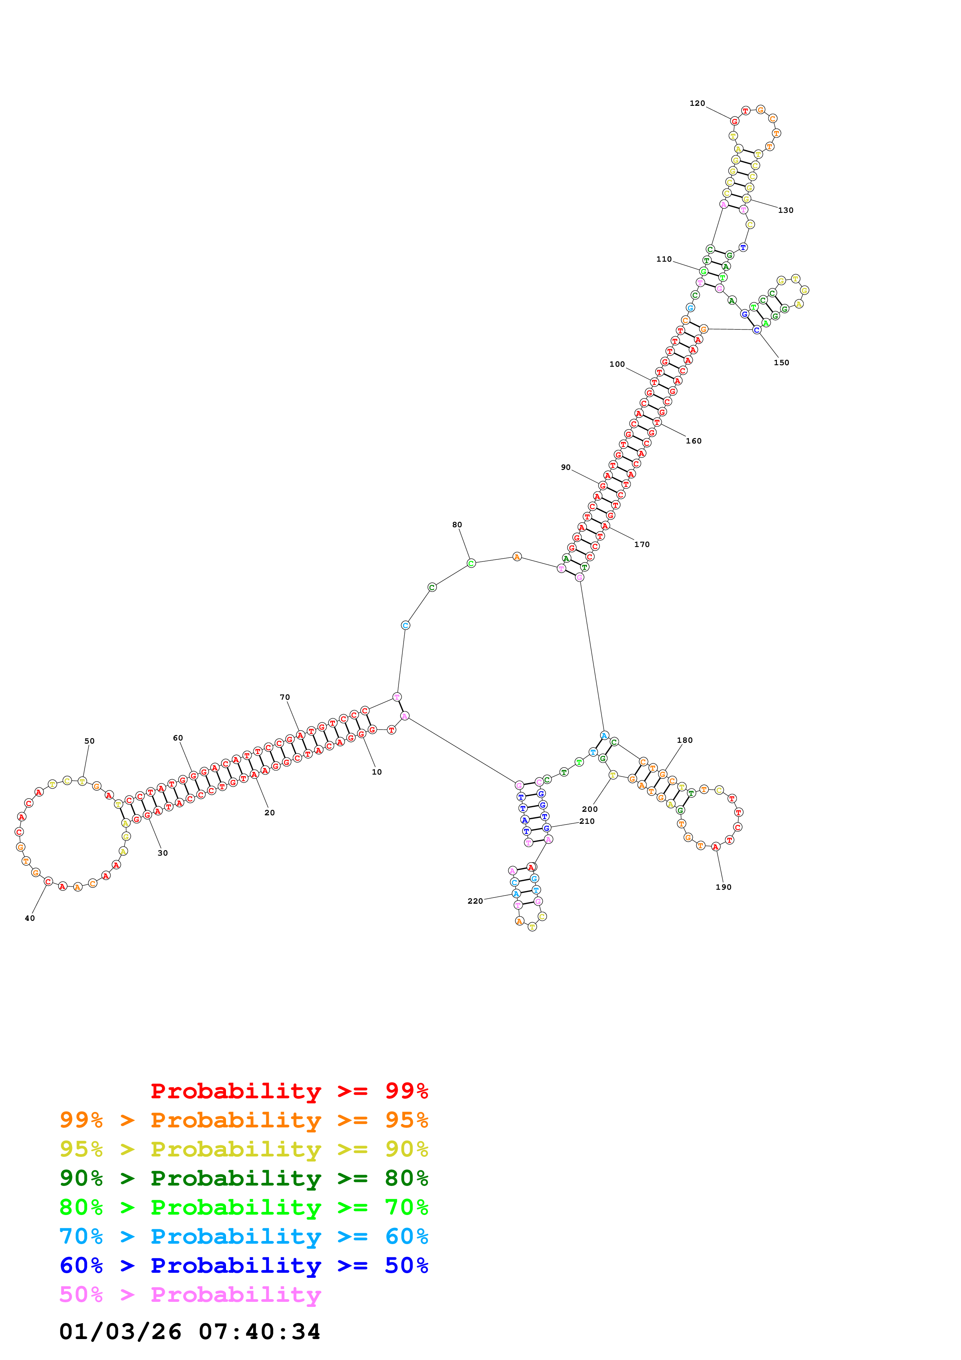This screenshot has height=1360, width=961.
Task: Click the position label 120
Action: click(697, 104)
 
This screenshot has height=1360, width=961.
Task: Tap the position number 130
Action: click(786, 210)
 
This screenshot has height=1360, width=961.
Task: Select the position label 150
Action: click(781, 362)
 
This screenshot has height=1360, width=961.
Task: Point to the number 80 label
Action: click(457, 525)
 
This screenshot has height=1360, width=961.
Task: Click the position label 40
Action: click(29, 918)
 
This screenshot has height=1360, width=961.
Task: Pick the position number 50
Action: click(90, 741)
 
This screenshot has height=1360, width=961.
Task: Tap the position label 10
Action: click(376, 772)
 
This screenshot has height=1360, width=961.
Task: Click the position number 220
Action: click(475, 901)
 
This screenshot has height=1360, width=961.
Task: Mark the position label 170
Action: click(642, 544)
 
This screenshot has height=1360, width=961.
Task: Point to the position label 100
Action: click(617, 364)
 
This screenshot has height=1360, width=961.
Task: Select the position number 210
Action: click(587, 821)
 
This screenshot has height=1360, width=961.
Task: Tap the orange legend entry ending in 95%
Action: click(243, 1120)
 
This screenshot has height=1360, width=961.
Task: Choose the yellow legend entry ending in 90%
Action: click(243, 1149)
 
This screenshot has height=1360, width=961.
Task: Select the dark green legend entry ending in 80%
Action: click(243, 1178)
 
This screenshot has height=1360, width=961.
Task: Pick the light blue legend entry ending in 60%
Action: click(243, 1236)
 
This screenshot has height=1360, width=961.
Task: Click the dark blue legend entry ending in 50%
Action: click(243, 1265)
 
